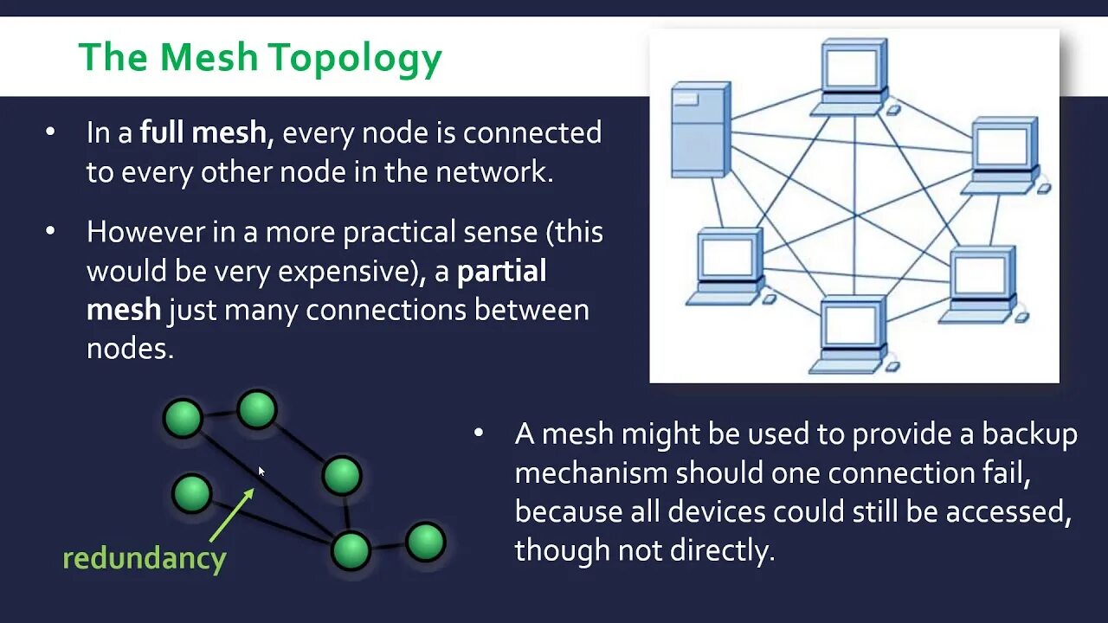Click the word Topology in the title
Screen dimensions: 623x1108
pyautogui.click(x=355, y=58)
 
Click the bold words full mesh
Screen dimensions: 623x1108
pyautogui.click(x=202, y=133)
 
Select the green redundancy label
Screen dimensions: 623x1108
pyautogui.click(x=145, y=558)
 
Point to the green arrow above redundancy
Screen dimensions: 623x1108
pyautogui.click(x=231, y=516)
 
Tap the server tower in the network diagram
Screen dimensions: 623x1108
pyautogui.click(x=700, y=130)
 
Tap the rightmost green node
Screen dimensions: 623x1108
pyautogui.click(x=425, y=543)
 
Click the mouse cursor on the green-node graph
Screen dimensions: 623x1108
pyautogui.click(x=261, y=472)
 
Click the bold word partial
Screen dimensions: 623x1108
pyautogui.click(x=501, y=272)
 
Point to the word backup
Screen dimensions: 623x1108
pyautogui.click(x=1029, y=434)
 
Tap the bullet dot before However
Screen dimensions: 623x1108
pyautogui.click(x=50, y=231)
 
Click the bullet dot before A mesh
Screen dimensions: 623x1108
pyautogui.click(x=479, y=433)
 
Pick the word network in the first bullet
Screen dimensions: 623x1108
pyautogui.click(x=493, y=172)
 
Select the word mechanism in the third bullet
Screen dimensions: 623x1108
pyautogui.click(x=590, y=473)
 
